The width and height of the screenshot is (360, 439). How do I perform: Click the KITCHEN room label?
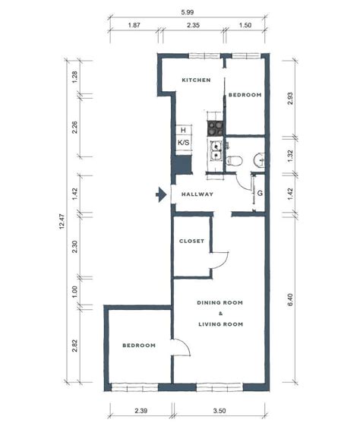196,80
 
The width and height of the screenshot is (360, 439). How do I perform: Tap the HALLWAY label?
197,194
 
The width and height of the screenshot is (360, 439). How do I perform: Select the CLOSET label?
191,241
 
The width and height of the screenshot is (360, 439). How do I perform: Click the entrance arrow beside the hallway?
161,194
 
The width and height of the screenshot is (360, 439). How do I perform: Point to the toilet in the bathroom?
234,160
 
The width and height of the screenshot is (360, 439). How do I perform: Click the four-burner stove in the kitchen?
215,128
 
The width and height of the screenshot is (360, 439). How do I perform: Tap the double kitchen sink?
216,150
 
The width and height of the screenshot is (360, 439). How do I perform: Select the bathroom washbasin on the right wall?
259,160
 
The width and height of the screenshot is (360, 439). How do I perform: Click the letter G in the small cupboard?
260,193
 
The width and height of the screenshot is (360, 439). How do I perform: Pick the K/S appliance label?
184,143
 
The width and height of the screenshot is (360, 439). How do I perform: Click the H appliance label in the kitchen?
183,130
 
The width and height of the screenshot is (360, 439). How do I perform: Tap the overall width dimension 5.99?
188,12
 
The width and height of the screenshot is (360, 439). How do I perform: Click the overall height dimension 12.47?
62,221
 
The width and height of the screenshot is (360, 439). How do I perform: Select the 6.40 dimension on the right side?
290,299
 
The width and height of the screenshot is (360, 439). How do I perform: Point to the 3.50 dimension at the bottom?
219,411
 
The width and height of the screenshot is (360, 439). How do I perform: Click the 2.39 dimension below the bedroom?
141,411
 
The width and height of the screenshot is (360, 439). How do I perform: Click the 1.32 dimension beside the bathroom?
290,156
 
